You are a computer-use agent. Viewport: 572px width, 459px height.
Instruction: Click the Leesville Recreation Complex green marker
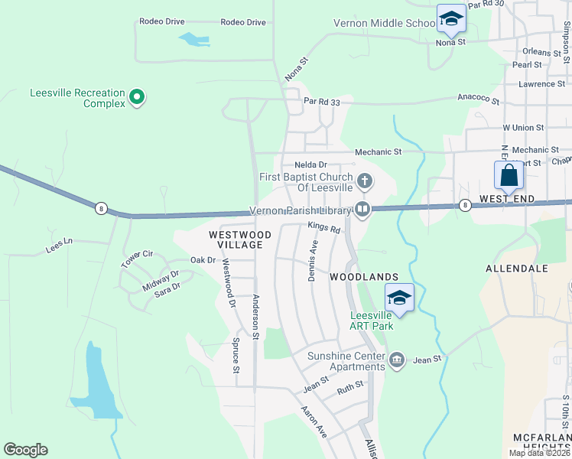click(137, 97)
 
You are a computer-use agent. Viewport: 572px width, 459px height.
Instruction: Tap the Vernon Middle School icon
click(451, 18)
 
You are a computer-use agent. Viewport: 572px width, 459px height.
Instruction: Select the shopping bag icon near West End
click(509, 175)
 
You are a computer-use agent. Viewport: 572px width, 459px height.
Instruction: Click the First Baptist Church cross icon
click(366, 181)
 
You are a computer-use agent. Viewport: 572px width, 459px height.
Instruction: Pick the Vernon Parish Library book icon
click(362, 209)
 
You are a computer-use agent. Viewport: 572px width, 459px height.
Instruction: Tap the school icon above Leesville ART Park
click(398, 297)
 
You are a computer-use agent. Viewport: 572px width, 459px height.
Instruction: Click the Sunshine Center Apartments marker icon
click(396, 360)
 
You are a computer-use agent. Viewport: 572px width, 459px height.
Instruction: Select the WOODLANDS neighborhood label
click(365, 276)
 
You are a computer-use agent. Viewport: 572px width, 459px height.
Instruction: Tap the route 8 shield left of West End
click(465, 204)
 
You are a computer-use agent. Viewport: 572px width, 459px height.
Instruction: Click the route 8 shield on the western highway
click(100, 207)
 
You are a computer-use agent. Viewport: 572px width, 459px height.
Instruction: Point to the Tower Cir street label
click(137, 259)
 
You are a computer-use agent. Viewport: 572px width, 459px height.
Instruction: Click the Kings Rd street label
click(323, 226)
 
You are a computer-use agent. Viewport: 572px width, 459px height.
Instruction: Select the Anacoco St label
click(478, 101)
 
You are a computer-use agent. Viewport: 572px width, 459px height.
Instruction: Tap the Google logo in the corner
click(25, 450)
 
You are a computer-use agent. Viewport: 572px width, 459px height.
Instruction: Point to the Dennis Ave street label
click(312, 260)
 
